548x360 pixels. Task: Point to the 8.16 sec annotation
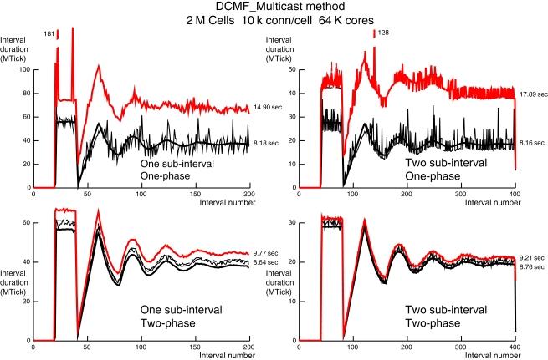(531, 144)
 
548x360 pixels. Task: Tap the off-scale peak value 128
(385, 34)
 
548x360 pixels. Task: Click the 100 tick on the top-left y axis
(24, 69)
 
